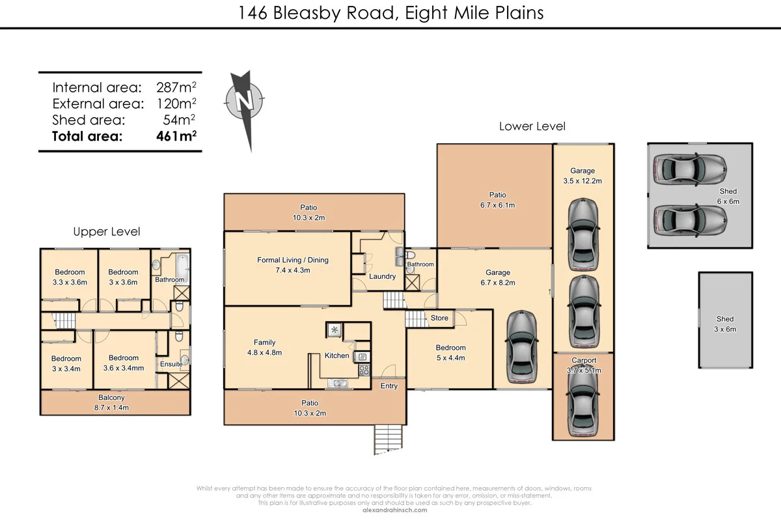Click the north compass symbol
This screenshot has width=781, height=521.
(245, 102)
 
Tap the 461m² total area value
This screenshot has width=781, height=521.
(176, 136)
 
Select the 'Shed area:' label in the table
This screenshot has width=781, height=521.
(89, 120)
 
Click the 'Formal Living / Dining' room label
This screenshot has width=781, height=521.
(292, 260)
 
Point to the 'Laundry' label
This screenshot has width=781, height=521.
(382, 276)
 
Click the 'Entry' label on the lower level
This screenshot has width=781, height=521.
(389, 386)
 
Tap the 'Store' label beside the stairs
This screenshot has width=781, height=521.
(439, 318)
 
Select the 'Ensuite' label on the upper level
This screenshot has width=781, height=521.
(171, 364)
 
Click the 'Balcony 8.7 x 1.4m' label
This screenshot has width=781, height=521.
(111, 402)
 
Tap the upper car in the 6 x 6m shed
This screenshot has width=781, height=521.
(689, 169)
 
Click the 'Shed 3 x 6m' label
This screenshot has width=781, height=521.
(725, 324)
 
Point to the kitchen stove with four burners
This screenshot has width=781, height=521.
(364, 370)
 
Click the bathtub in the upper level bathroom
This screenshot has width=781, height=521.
(180, 266)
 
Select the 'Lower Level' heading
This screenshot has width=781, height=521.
(532, 126)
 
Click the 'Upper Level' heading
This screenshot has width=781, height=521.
(106, 232)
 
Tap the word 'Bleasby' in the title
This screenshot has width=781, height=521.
(304, 12)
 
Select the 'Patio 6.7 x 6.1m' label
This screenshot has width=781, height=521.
(498, 199)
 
